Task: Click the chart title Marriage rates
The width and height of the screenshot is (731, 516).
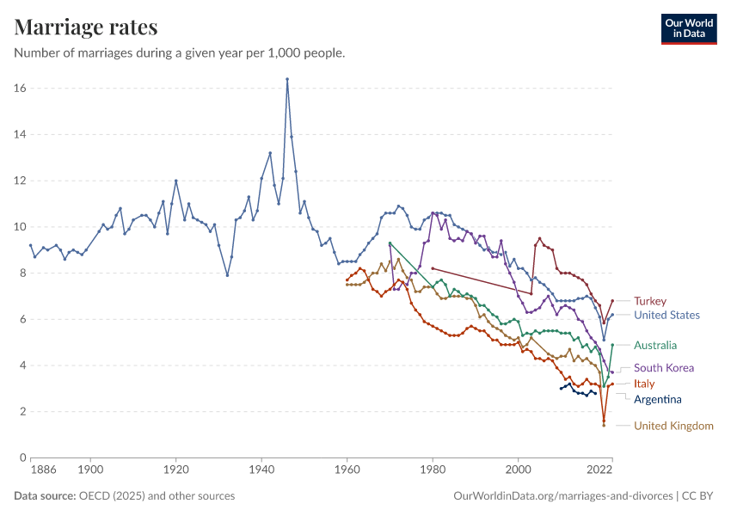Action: tap(86, 27)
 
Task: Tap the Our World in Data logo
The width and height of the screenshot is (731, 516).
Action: tap(688, 28)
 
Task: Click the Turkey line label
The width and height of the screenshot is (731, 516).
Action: tap(650, 301)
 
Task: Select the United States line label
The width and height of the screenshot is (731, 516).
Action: tap(666, 315)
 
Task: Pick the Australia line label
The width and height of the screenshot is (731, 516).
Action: tap(656, 346)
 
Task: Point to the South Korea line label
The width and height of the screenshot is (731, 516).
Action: tap(663, 368)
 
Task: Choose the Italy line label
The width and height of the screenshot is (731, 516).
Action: tap(644, 384)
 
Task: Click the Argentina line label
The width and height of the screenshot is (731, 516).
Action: tap(657, 399)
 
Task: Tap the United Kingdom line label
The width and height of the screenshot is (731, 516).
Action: tap(673, 426)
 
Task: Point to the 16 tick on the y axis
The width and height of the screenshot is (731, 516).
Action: tap(19, 89)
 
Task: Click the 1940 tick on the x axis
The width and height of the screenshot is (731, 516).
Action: tap(261, 470)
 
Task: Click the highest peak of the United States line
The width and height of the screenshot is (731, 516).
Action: tap(287, 79)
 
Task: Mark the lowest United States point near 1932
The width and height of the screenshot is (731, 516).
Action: tap(227, 275)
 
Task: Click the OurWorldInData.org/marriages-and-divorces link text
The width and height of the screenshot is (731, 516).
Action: tap(562, 496)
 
